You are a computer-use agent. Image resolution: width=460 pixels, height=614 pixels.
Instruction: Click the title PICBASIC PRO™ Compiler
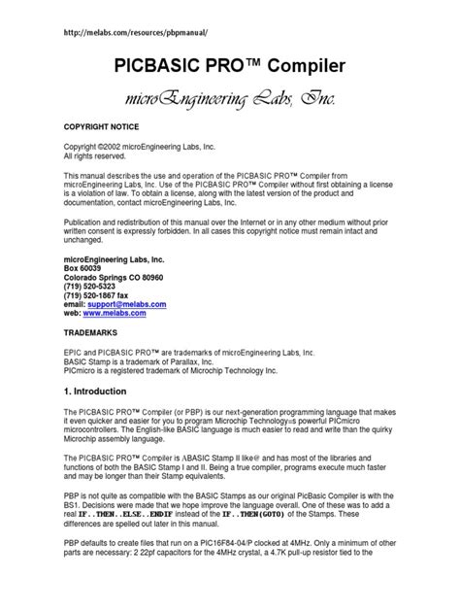point(229,67)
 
